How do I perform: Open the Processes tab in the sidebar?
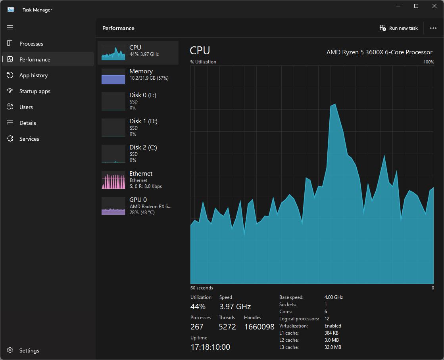(31, 44)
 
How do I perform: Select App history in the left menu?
(33, 75)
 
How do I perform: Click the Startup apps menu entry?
(35, 91)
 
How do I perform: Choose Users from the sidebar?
(26, 107)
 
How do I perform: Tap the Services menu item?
(29, 139)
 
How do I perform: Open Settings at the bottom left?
(29, 350)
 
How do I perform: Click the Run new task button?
(399, 28)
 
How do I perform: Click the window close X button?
(434, 6)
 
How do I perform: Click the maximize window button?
(416, 6)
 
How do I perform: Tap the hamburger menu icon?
(10, 27)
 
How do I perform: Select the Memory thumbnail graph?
(113, 77)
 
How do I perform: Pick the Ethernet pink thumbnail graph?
(113, 180)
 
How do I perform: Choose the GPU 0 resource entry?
(138, 206)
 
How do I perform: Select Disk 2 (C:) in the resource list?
(138, 153)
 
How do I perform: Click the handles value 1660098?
(259, 327)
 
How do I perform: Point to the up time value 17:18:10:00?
(210, 347)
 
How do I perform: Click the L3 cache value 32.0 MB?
(333, 347)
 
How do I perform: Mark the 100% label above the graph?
(429, 62)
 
